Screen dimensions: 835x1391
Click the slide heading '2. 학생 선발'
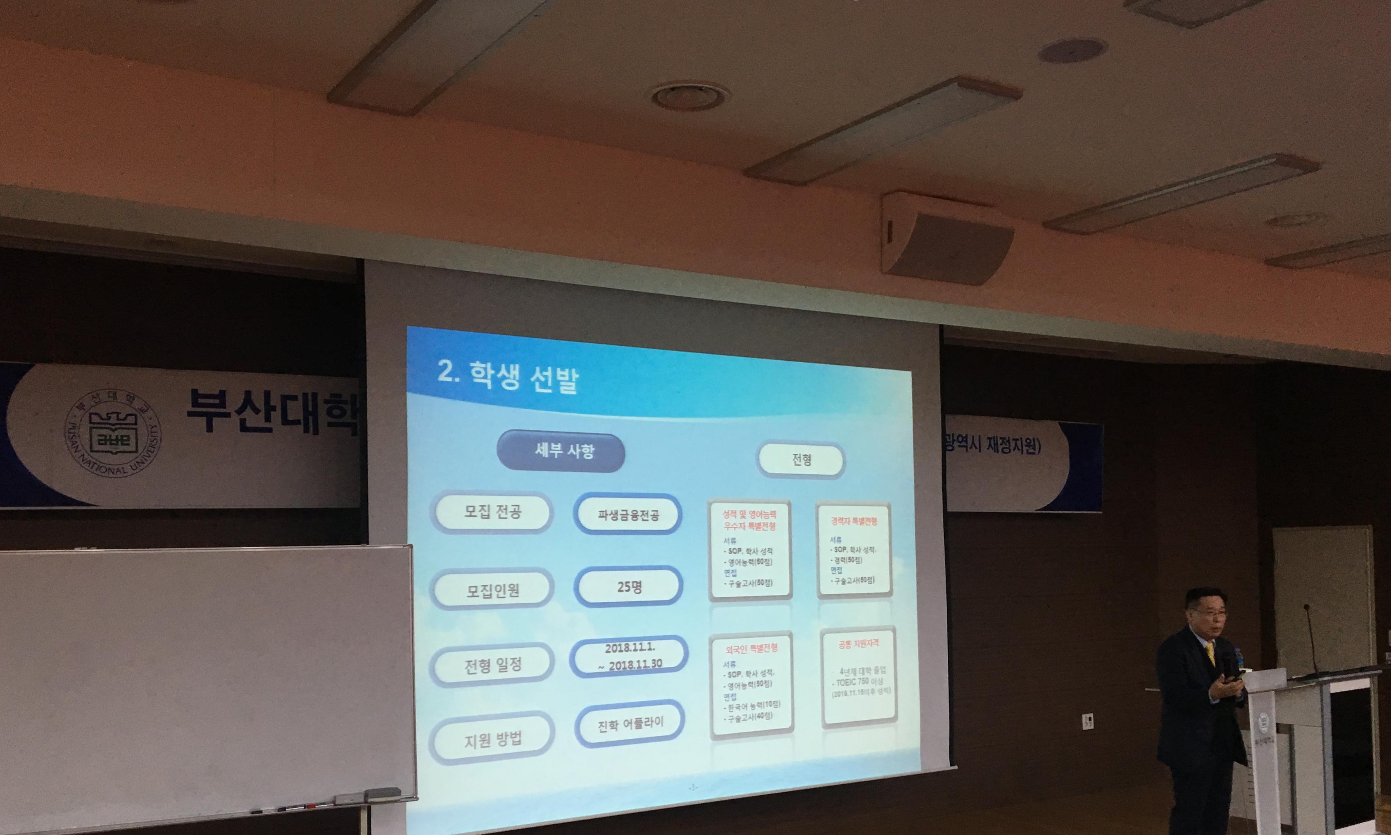coord(508,377)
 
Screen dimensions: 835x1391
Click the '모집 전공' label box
coord(492,512)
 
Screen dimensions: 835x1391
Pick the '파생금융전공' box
coord(628,514)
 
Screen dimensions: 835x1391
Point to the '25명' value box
coord(628,587)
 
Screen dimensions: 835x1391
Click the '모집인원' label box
coord(492,590)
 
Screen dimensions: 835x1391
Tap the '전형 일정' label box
coord(492,665)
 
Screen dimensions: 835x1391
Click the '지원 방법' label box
coord(492,739)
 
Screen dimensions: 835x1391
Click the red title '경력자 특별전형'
coord(854,521)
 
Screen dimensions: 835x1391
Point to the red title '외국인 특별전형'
coord(751,648)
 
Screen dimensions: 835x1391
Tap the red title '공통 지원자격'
coord(858,644)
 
